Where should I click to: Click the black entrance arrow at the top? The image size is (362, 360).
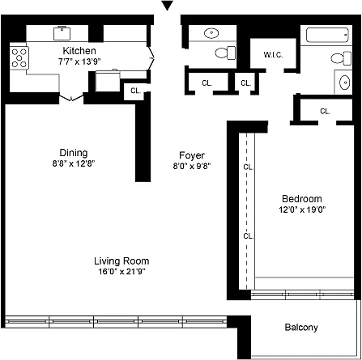click(167, 6)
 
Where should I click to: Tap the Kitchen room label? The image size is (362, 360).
click(79, 50)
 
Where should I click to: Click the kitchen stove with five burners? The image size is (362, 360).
click(19, 57)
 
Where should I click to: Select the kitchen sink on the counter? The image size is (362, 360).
click(62, 33)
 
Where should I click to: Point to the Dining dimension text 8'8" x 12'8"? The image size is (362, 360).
click(74, 163)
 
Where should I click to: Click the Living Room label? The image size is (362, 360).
click(121, 261)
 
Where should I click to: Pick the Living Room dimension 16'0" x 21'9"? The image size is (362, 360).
click(121, 271)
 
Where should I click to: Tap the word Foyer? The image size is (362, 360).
click(192, 155)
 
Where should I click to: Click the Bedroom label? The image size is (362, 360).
click(302, 199)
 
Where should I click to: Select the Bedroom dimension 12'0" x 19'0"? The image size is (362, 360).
click(302, 210)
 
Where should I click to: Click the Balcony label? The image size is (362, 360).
click(301, 328)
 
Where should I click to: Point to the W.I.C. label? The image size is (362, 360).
click(273, 55)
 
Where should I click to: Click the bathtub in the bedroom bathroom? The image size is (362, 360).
click(327, 35)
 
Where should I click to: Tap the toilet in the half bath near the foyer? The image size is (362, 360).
click(225, 53)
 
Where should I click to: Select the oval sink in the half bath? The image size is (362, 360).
click(211, 33)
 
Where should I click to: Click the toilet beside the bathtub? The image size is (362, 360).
click(342, 58)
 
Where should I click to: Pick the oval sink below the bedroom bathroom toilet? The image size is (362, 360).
click(345, 82)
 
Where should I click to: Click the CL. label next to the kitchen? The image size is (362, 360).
click(135, 91)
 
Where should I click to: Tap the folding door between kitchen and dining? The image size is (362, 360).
click(71, 97)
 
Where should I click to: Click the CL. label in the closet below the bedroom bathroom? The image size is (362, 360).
click(325, 111)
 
